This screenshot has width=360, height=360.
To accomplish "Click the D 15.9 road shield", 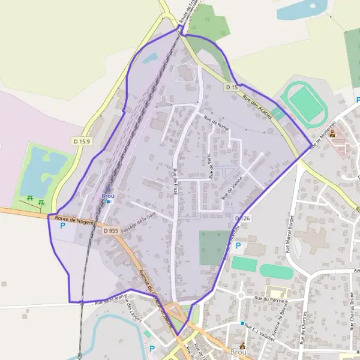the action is click(82, 141).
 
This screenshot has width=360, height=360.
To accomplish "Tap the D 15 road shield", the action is click(232, 88).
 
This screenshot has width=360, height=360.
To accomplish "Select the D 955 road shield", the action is click(110, 230).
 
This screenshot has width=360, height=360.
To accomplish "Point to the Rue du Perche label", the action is click(268, 298).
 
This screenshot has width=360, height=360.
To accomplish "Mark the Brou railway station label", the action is click(108, 196).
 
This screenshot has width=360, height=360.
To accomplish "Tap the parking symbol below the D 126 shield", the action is click(238, 246).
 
